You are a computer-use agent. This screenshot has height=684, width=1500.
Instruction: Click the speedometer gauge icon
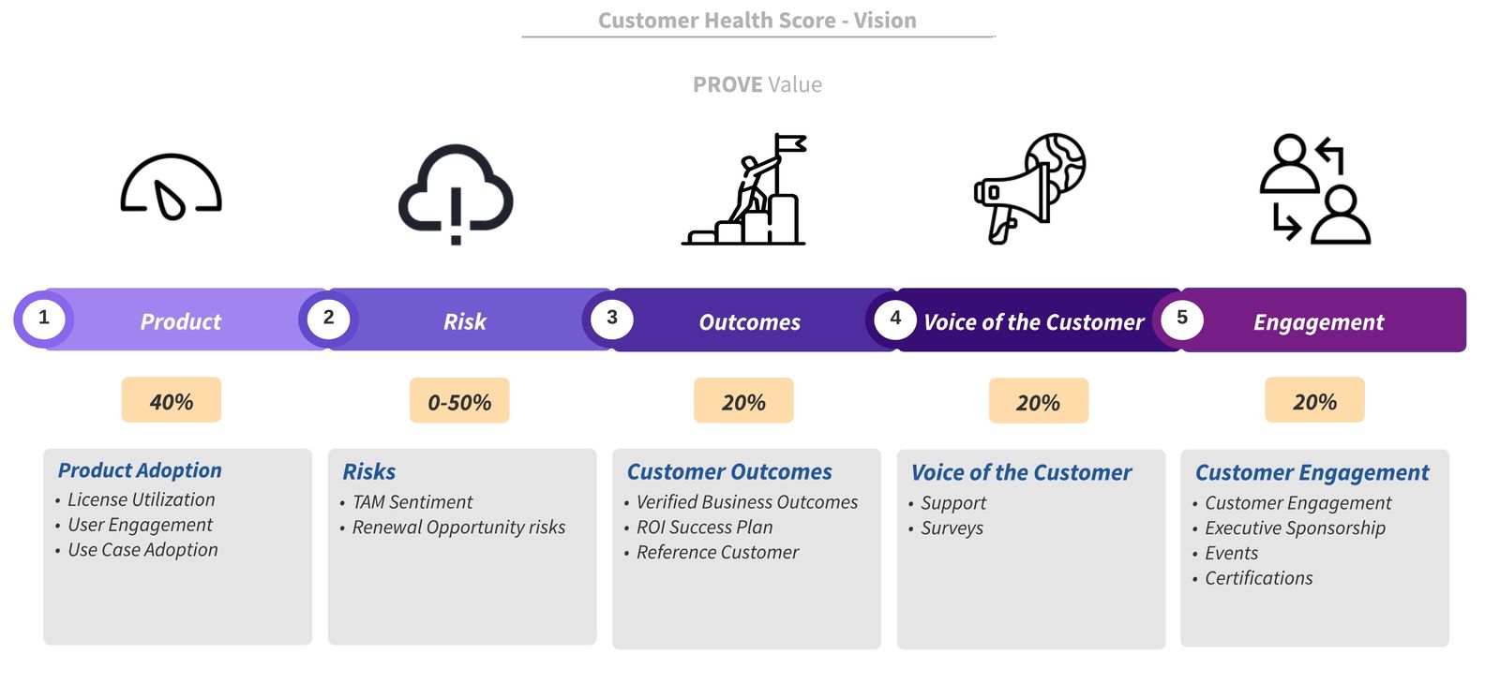(x=171, y=187)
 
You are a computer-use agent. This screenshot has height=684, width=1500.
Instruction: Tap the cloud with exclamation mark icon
(x=456, y=193)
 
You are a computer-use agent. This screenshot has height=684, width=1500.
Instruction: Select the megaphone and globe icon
(x=1029, y=187)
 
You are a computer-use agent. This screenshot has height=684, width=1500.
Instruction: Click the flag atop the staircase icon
(x=790, y=144)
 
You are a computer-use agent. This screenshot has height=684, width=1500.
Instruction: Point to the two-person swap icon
(x=1314, y=189)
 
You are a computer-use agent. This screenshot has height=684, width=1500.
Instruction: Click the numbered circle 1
(x=43, y=319)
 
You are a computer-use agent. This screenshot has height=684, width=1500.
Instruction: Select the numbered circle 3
(x=611, y=319)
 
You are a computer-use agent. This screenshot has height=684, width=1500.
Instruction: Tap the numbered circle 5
(x=1181, y=319)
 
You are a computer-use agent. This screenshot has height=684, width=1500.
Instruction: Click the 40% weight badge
(x=172, y=401)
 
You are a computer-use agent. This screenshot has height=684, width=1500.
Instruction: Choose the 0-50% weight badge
(x=459, y=402)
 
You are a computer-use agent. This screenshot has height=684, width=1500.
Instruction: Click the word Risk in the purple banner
(x=465, y=321)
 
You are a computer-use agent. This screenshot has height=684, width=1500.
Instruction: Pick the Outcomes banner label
(x=750, y=322)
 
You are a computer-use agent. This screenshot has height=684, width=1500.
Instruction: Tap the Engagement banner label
(x=1318, y=322)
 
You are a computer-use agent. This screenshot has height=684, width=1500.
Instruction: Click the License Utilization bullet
(x=141, y=499)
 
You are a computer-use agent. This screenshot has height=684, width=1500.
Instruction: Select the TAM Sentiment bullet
(x=412, y=502)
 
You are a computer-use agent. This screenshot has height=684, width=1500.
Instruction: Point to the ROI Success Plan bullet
(x=704, y=528)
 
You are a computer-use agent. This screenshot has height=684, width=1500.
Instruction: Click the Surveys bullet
(x=952, y=528)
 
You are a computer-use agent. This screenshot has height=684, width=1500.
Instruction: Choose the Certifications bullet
(x=1258, y=578)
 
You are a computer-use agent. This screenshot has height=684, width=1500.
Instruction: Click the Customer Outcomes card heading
(x=729, y=472)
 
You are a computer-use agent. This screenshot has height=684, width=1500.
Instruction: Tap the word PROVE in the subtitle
(x=727, y=84)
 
